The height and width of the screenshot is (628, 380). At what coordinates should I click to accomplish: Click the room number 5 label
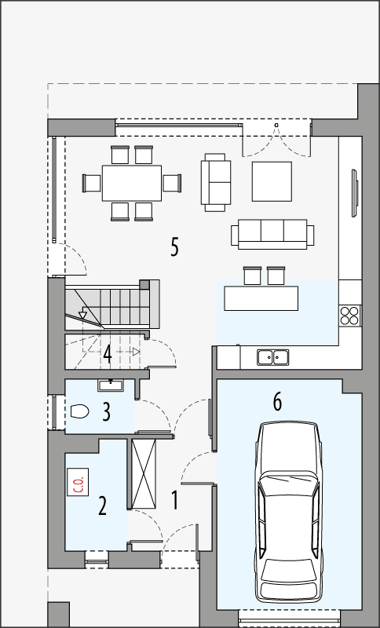(x=174, y=246)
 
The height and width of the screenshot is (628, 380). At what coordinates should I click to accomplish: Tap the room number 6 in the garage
(x=276, y=401)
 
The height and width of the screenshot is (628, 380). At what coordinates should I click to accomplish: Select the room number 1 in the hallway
(x=175, y=498)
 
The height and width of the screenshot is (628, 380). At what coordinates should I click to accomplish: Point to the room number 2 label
(x=102, y=505)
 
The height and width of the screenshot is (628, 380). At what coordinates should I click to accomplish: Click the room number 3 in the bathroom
(x=105, y=411)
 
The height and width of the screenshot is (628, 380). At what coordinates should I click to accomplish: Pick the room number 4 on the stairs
(x=107, y=352)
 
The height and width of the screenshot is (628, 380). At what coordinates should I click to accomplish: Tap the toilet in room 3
(x=79, y=410)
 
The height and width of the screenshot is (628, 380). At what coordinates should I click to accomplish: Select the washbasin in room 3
(x=110, y=385)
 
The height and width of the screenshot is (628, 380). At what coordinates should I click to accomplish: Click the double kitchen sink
(x=272, y=357)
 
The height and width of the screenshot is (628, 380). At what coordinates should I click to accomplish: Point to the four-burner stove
(x=350, y=315)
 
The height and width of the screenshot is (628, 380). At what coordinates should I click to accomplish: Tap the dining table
(x=131, y=183)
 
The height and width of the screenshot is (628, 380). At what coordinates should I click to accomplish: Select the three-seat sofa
(x=272, y=234)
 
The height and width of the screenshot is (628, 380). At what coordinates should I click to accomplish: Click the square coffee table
(x=272, y=181)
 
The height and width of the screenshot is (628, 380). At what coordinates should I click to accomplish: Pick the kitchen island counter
(x=261, y=298)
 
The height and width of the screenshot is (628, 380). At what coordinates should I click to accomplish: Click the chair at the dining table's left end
(x=92, y=183)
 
